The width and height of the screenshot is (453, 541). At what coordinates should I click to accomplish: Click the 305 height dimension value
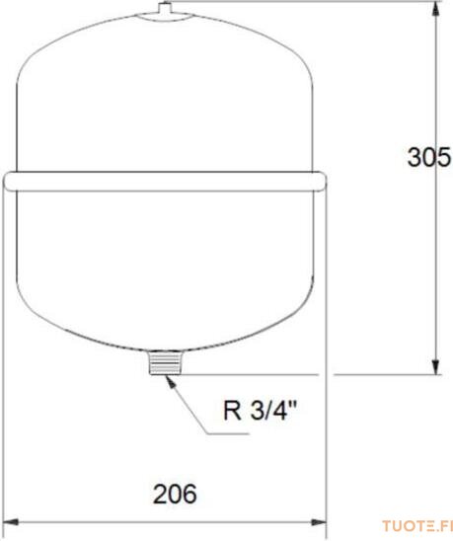click(429, 157)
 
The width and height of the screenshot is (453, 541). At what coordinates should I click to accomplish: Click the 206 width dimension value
click(175, 494)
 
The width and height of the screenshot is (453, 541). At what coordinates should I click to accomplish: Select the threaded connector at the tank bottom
click(165, 362)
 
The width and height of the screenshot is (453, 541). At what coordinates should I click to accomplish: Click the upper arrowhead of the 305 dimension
click(436, 10)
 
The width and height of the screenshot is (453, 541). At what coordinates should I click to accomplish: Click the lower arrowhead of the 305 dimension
click(436, 366)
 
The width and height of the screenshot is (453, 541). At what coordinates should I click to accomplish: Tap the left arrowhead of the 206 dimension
click(10, 522)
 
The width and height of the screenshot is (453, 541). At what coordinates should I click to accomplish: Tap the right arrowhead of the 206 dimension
click(318, 522)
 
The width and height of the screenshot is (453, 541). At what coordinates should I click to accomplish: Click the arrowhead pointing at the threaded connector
click(171, 382)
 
